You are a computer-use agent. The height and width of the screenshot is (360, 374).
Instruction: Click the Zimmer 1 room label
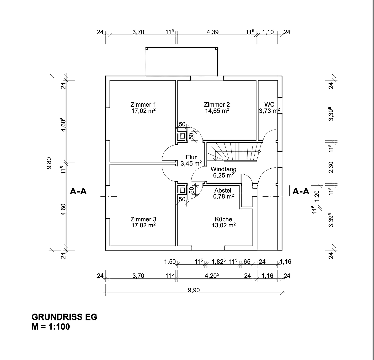click(x=143, y=105)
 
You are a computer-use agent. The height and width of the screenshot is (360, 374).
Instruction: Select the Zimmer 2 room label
click(x=217, y=105)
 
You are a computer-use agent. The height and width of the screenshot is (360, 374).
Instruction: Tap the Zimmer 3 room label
click(x=143, y=219)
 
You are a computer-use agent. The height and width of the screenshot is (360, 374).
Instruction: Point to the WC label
click(x=269, y=105)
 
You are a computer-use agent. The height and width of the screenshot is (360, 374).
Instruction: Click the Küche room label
click(x=223, y=219)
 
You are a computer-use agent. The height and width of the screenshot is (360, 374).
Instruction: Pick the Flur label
click(x=191, y=157)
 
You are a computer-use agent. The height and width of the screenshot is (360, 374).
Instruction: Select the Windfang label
click(x=223, y=169)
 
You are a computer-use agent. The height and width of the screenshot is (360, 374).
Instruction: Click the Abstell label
click(x=223, y=191)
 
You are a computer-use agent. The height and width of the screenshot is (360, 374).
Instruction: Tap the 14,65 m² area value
click(x=217, y=111)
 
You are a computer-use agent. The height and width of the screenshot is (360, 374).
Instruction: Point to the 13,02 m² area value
click(x=224, y=225)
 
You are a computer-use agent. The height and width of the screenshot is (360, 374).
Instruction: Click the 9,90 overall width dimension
click(x=194, y=290)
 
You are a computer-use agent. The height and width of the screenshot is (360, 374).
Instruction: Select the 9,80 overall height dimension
click(x=49, y=163)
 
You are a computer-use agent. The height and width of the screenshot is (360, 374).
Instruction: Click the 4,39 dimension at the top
click(x=213, y=32)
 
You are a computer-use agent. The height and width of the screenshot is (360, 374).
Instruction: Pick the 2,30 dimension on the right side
click(x=331, y=167)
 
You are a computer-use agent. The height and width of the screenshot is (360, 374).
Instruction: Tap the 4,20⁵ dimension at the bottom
click(x=212, y=276)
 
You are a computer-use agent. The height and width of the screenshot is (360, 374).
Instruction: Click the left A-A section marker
click(x=78, y=191)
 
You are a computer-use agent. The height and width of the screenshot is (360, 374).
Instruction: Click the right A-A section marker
click(x=301, y=191)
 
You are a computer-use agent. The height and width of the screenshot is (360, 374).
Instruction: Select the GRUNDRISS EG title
click(x=64, y=317)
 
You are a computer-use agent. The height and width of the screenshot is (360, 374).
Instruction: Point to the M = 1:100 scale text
click(x=51, y=327)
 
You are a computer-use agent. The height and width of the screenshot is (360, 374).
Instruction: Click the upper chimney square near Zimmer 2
click(x=182, y=136)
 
